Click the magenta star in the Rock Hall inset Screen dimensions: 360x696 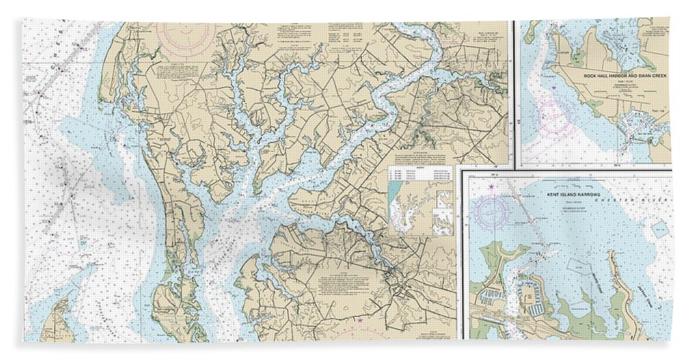pyautogui.click(x=554, y=88)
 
